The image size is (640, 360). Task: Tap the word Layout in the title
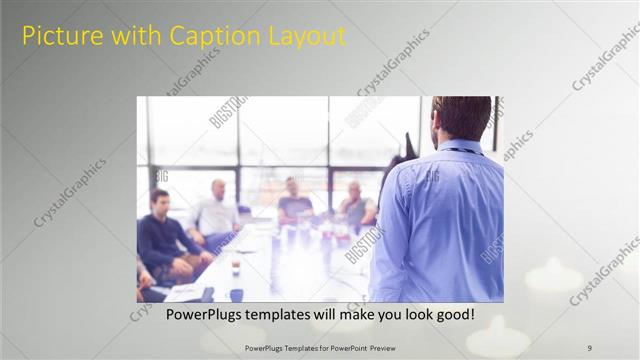(x=305, y=37)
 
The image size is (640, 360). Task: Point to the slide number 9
(x=589, y=347)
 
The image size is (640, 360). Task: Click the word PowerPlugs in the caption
(x=199, y=315)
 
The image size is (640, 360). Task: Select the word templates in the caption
(x=287, y=315)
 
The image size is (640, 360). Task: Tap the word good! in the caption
(x=453, y=315)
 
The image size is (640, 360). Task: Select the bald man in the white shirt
(x=217, y=212)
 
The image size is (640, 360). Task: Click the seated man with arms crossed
(x=355, y=205)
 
